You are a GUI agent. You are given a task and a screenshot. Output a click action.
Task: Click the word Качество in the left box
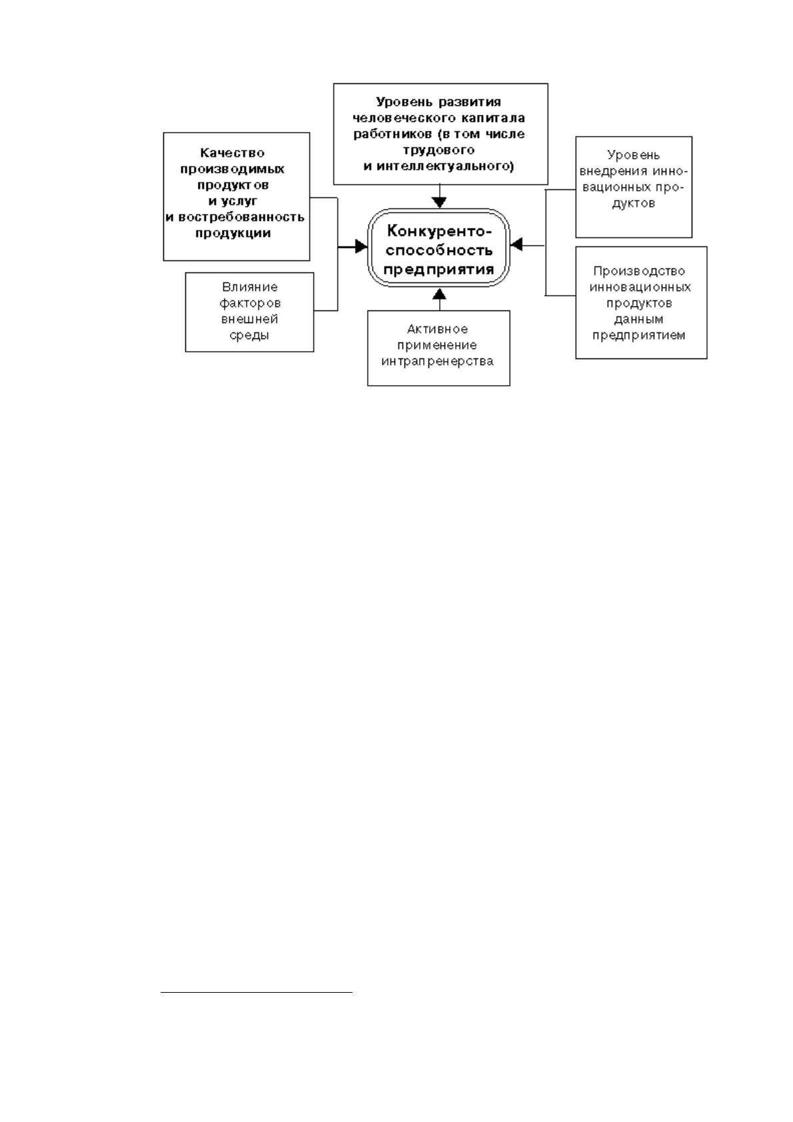(x=232, y=153)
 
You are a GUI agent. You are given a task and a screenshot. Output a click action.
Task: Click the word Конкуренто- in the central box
(x=439, y=231)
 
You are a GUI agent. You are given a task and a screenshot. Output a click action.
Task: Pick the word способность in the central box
(x=439, y=251)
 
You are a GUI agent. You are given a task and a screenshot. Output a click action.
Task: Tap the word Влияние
(x=249, y=287)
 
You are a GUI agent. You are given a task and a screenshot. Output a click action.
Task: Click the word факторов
(x=250, y=304)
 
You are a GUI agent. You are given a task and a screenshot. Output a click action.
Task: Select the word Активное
(x=437, y=330)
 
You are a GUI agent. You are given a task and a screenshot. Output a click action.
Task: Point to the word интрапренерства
(x=437, y=362)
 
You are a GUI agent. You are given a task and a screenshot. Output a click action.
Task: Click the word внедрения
(x=614, y=171)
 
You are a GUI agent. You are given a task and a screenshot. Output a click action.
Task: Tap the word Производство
(x=638, y=271)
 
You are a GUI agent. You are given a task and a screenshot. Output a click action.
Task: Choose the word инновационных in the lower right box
(x=640, y=288)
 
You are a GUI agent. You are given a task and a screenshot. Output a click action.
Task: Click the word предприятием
(x=638, y=336)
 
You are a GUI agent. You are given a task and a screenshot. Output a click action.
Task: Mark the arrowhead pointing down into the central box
(x=439, y=203)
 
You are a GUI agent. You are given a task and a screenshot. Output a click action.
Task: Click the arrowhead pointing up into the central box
(x=439, y=294)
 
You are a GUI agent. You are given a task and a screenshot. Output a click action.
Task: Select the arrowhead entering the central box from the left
(x=361, y=246)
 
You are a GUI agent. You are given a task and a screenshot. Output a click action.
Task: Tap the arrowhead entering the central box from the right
(x=516, y=245)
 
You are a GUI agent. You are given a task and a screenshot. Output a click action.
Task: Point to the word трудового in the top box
(x=439, y=151)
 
